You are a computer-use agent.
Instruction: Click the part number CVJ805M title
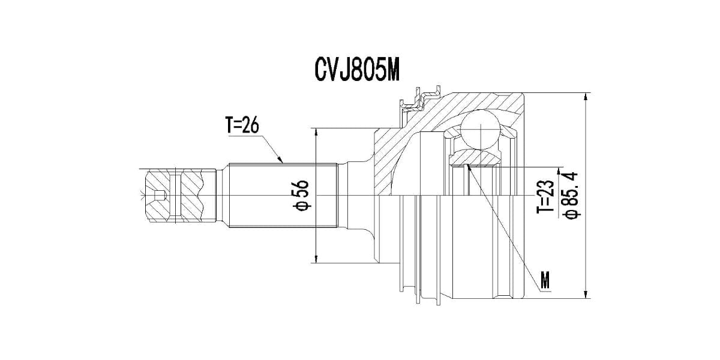point(357,70)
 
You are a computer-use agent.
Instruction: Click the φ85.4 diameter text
point(570,195)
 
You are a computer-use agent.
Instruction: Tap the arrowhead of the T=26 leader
point(280,161)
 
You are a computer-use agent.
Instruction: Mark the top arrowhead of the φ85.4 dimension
point(585,97)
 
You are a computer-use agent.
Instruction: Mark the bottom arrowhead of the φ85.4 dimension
point(585,294)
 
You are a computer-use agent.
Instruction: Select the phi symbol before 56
point(301,206)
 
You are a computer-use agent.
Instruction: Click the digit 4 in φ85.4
point(570,178)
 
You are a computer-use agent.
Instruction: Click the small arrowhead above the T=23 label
point(560,170)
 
